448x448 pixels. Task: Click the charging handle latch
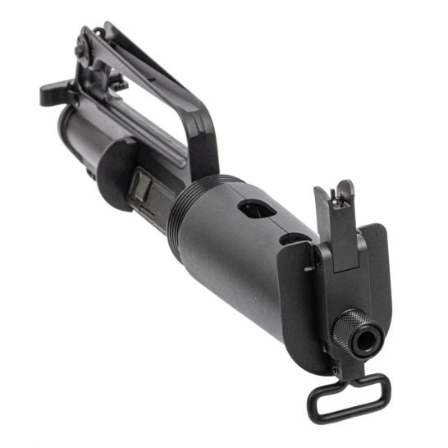[x=52, y=92]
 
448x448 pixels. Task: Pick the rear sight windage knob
[x=80, y=51]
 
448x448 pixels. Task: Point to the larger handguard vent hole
[x=256, y=209]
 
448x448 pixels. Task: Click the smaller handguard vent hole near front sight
[x=292, y=240]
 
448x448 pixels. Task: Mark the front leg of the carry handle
[x=201, y=148]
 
